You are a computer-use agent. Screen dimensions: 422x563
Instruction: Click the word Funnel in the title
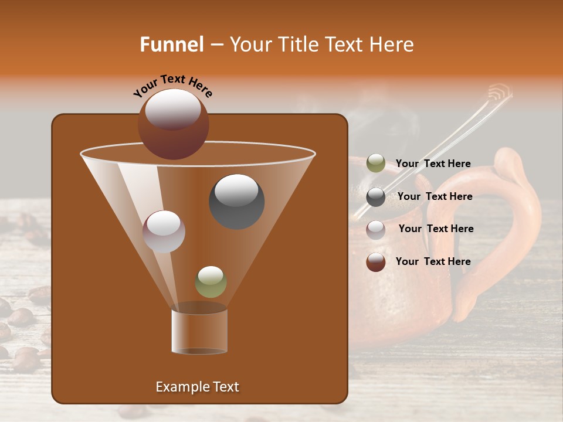pyautogui.click(x=172, y=45)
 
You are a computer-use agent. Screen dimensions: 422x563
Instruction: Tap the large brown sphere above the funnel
pyautogui.click(x=174, y=124)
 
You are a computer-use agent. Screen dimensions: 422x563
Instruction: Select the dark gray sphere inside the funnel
pyautogui.click(x=237, y=201)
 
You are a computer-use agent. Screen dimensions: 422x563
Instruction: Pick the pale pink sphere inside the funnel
pyautogui.click(x=164, y=232)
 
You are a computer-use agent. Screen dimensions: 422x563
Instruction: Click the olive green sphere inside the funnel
pyautogui.click(x=211, y=281)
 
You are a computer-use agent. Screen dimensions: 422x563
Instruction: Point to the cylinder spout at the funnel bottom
pyautogui.click(x=199, y=331)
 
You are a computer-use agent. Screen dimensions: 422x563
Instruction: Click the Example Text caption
pyautogui.click(x=198, y=387)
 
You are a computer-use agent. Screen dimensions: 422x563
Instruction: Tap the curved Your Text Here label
pyautogui.click(x=173, y=86)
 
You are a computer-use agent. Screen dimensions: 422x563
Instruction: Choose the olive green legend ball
pyautogui.click(x=376, y=164)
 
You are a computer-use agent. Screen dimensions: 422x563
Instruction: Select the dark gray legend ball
pyautogui.click(x=376, y=196)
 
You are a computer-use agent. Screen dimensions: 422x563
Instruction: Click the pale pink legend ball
pyautogui.click(x=376, y=229)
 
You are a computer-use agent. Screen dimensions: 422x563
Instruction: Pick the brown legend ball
pyautogui.click(x=376, y=261)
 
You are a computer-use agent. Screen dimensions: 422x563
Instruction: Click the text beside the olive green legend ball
pyautogui.click(x=433, y=164)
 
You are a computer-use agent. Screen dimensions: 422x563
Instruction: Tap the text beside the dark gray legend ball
pyautogui.click(x=435, y=196)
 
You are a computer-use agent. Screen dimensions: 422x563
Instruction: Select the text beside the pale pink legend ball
pyautogui.click(x=436, y=229)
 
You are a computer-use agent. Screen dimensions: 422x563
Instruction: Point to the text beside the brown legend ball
pyautogui.click(x=433, y=261)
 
